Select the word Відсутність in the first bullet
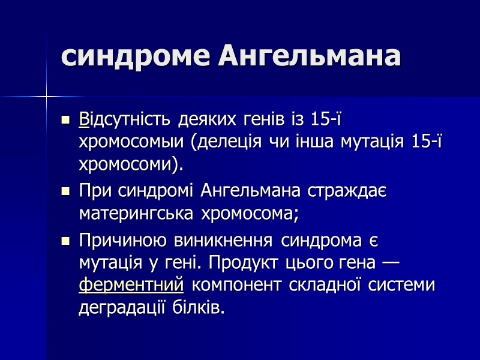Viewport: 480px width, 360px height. [x=125, y=119]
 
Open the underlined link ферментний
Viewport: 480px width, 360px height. [x=131, y=284]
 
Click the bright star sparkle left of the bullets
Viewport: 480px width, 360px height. [x=46, y=95]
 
